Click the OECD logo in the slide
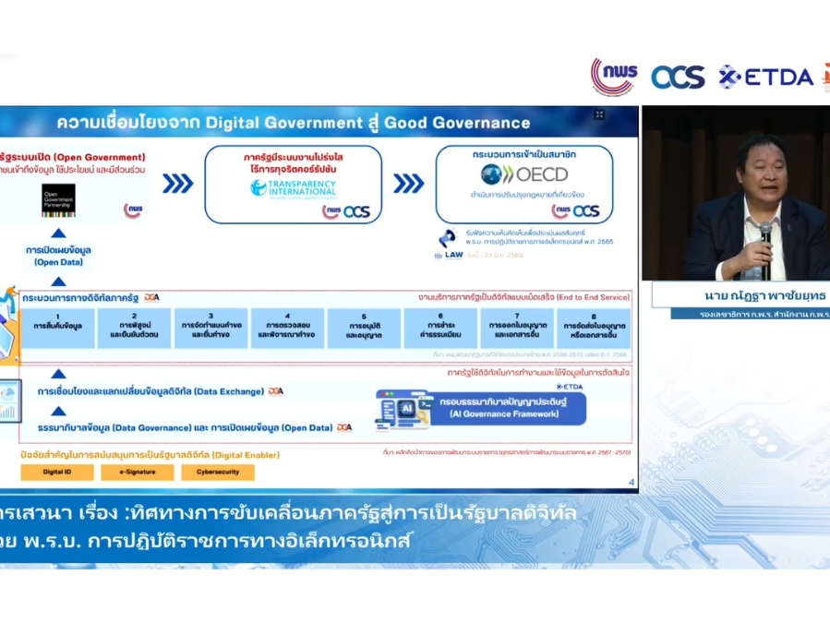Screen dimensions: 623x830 [523, 174]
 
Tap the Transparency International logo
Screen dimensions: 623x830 [293, 187]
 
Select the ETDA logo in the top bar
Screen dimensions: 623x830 [766, 77]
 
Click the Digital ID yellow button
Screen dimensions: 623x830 [56, 472]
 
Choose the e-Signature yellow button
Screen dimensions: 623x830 [138, 472]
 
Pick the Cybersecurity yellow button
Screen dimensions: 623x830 [217, 472]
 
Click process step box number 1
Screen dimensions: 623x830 [58, 327]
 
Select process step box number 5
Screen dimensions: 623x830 [364, 327]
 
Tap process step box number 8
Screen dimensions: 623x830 [594, 327]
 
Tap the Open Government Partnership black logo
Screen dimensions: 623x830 [58, 200]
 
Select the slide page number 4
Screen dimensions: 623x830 [631, 482]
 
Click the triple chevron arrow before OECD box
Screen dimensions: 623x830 [408, 183]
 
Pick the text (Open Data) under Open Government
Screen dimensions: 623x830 [59, 262]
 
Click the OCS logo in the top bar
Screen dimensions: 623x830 [679, 77]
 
